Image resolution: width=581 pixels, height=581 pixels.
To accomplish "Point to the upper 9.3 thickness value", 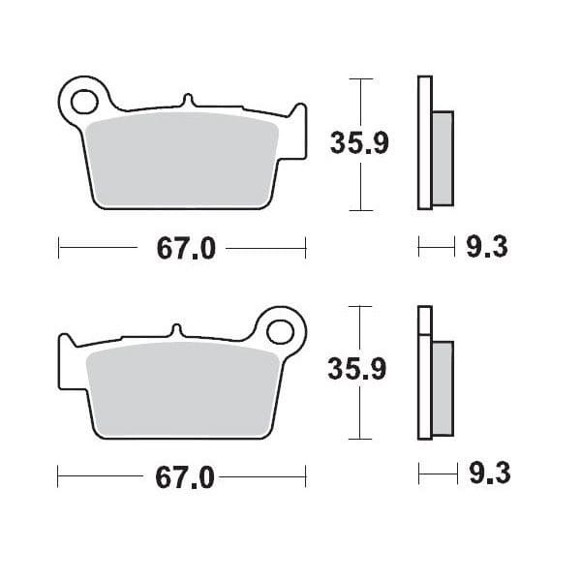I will [x=486, y=249].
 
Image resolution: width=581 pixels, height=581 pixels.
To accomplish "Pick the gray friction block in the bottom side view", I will [x=442, y=387].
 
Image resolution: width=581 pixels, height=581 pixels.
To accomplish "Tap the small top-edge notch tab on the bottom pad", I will [x=175, y=329].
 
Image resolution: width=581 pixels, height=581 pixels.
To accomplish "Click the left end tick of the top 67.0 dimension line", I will [x=59, y=249].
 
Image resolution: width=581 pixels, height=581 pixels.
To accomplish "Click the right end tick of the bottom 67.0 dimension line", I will [x=305, y=476].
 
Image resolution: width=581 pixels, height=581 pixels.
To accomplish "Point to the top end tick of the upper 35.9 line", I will [x=360, y=78].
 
